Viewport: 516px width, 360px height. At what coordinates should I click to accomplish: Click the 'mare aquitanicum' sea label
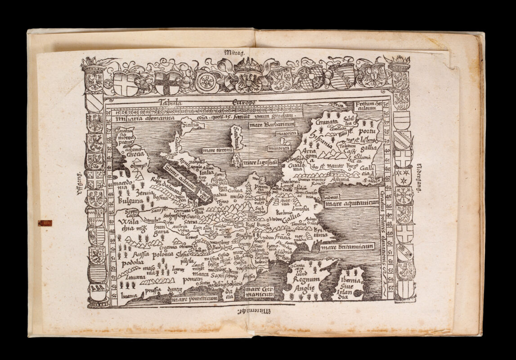click(352, 203)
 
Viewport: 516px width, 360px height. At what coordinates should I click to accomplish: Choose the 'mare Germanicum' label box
click(260, 292)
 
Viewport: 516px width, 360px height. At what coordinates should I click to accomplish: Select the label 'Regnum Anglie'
click(307, 283)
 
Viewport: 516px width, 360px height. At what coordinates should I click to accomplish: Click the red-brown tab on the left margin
click(45, 223)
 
